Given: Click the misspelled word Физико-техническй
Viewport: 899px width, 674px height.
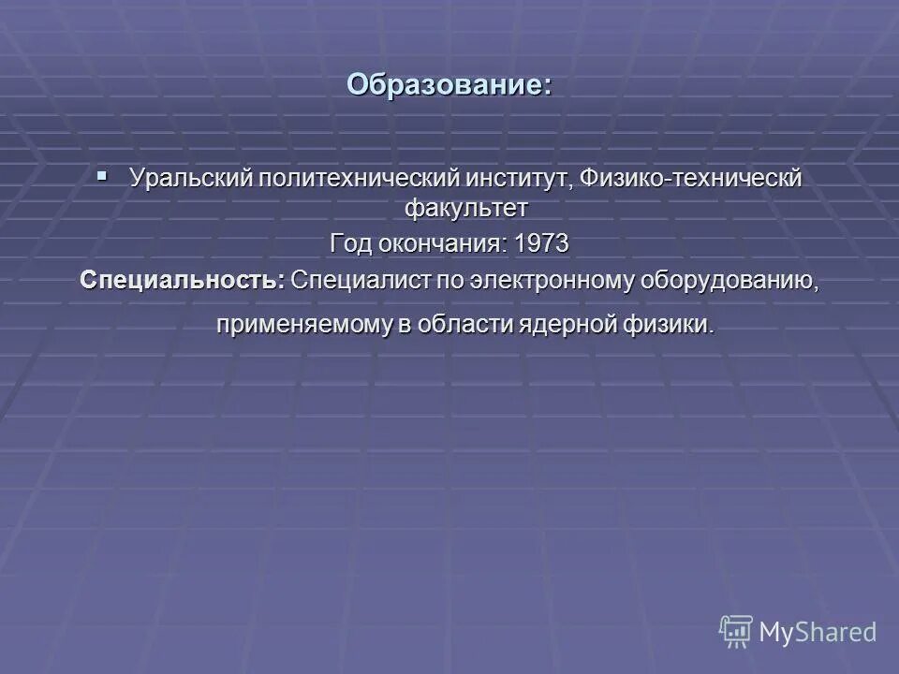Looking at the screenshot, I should [691, 179].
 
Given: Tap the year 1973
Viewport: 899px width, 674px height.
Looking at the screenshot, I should [541, 243].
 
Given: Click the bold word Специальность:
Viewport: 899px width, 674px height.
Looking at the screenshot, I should [183, 280].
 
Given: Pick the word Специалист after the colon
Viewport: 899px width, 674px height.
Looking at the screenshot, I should [352, 280].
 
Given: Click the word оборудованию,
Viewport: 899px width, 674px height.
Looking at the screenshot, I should [727, 280].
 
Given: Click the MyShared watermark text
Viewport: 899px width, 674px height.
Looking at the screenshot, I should [818, 632].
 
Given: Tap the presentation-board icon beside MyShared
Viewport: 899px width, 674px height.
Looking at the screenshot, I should [736, 631].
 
